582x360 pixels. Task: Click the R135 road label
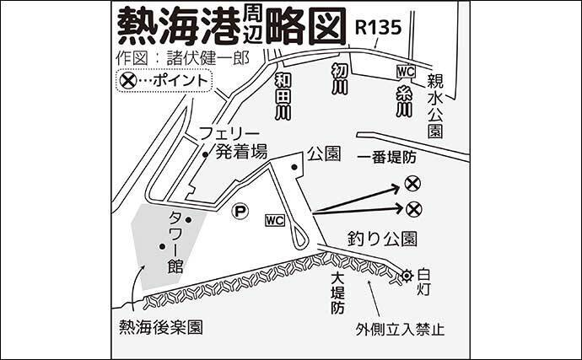pyautogui.click(x=378, y=28)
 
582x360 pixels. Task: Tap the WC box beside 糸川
pyautogui.click(x=406, y=72)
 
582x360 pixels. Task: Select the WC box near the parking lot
pyautogui.click(x=275, y=220)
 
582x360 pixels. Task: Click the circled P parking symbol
pyautogui.click(x=240, y=212)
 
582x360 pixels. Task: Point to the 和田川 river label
pyautogui.click(x=283, y=96)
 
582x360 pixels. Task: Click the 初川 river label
pyautogui.click(x=340, y=79)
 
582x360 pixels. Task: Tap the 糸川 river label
pyautogui.click(x=404, y=101)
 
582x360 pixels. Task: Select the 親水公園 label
pyautogui.click(x=435, y=105)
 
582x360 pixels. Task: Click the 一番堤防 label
pyautogui.click(x=387, y=158)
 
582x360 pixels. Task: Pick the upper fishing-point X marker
pyautogui.click(x=412, y=183)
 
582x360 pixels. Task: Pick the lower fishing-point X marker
pyautogui.click(x=414, y=210)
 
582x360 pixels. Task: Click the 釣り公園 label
pyautogui.click(x=382, y=239)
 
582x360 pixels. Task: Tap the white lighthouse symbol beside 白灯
pyautogui.click(x=407, y=276)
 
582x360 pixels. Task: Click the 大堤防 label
pyautogui.click(x=338, y=293)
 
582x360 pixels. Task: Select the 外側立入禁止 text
pyautogui.click(x=400, y=329)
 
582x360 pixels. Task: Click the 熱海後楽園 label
pyautogui.click(x=161, y=327)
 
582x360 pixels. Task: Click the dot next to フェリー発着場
pyautogui.click(x=204, y=155)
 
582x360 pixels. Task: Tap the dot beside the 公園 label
pyautogui.click(x=294, y=168)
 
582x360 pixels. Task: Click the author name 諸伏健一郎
pyautogui.click(x=207, y=58)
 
